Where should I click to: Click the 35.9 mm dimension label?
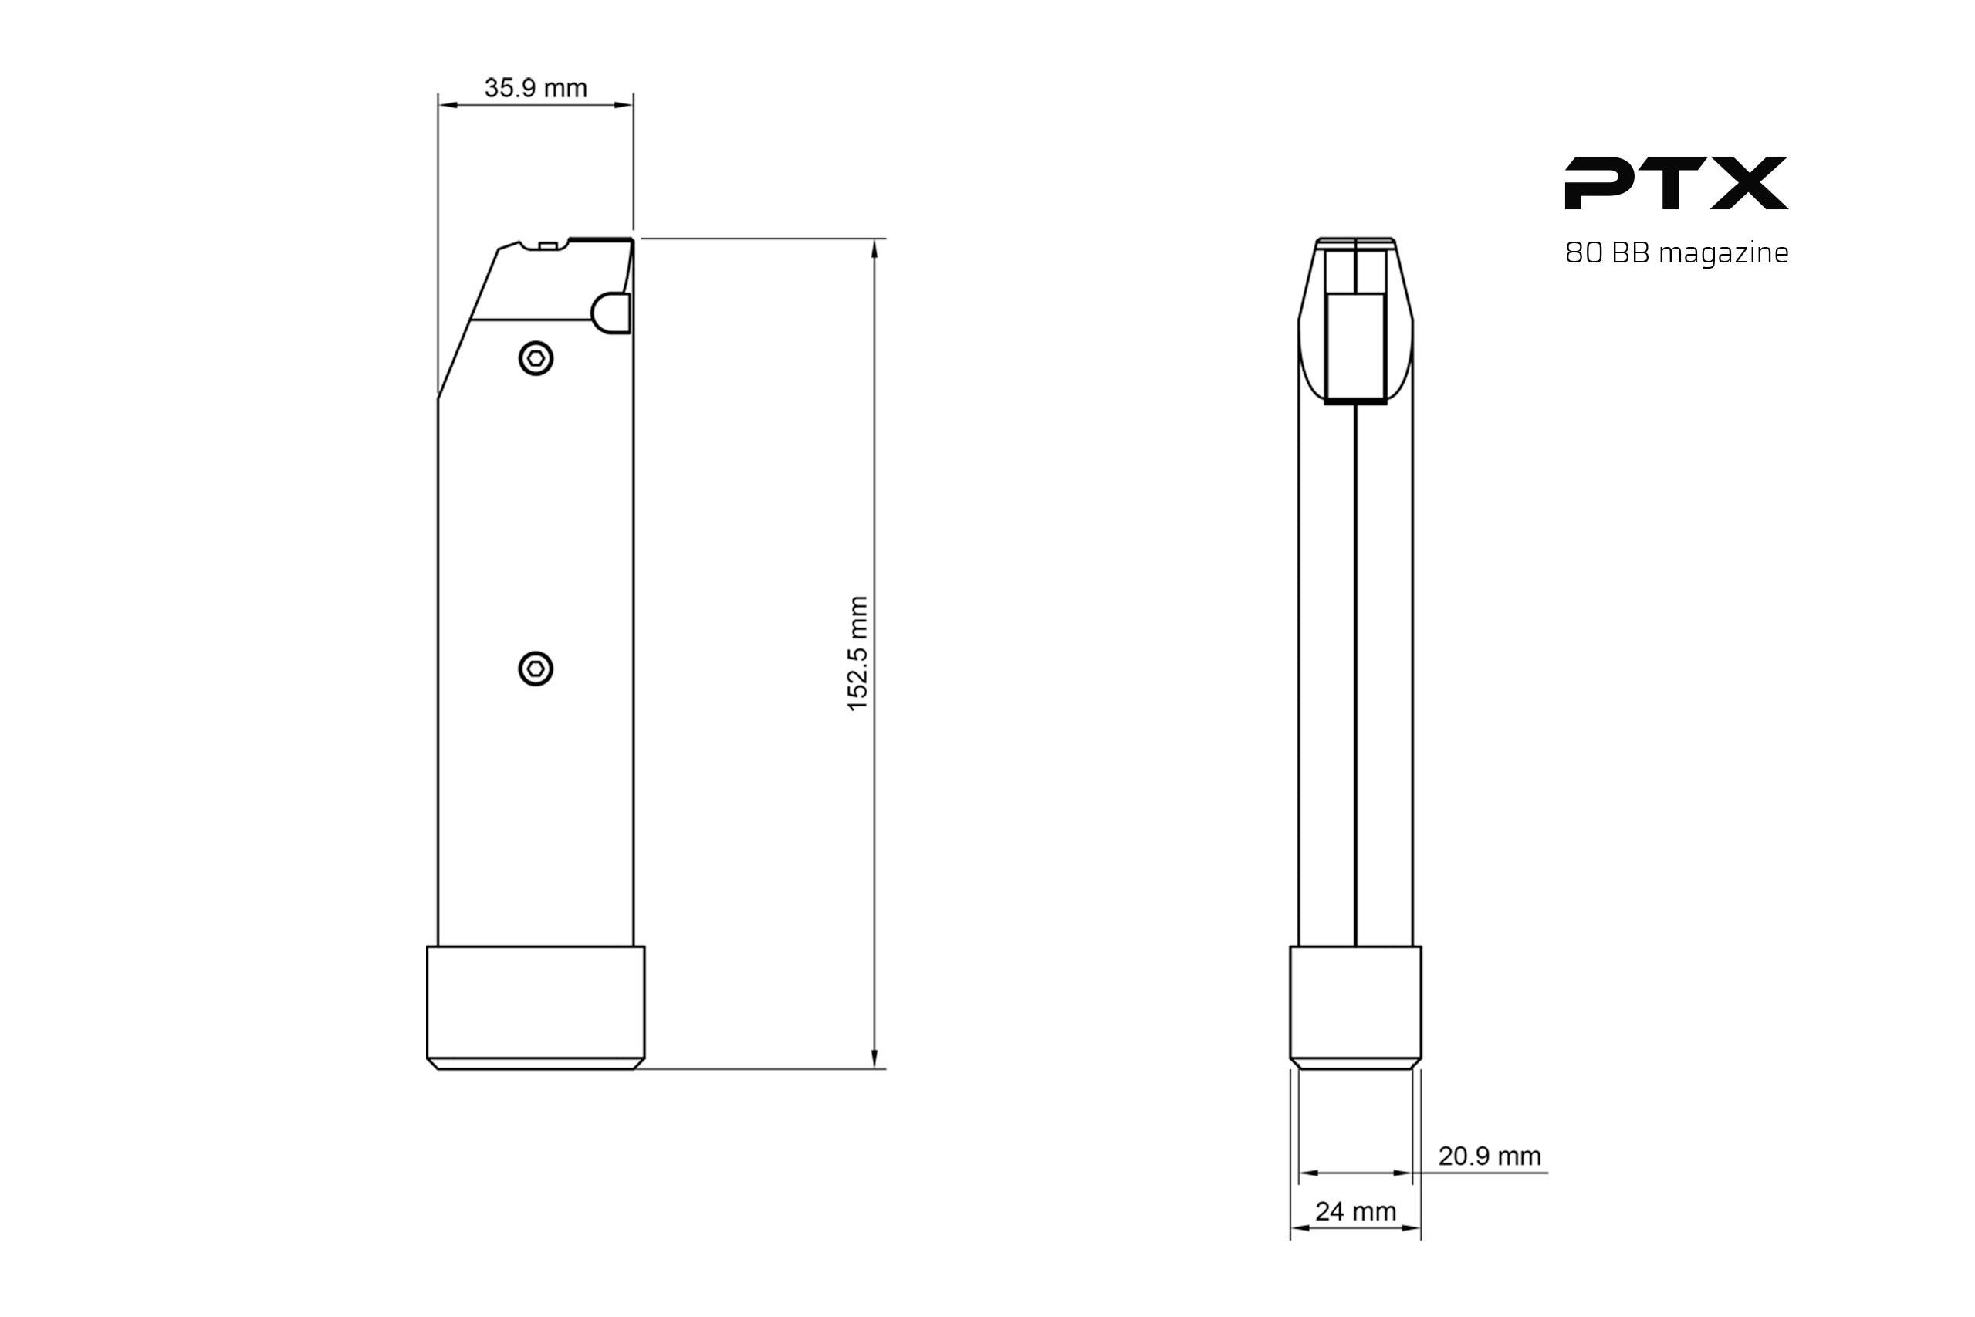pos(535,88)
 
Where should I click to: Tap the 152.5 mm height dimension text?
pos(857,653)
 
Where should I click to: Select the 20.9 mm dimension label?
pos(1490,1156)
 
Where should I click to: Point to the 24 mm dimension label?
pos(1355,1211)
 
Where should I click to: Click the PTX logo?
pos(1676,183)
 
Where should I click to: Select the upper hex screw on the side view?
pos(536,360)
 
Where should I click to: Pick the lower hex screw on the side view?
pos(536,669)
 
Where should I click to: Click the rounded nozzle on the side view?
pos(611,313)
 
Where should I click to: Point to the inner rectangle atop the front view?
pos(1355,347)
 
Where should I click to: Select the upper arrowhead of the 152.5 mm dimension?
pos(874,249)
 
